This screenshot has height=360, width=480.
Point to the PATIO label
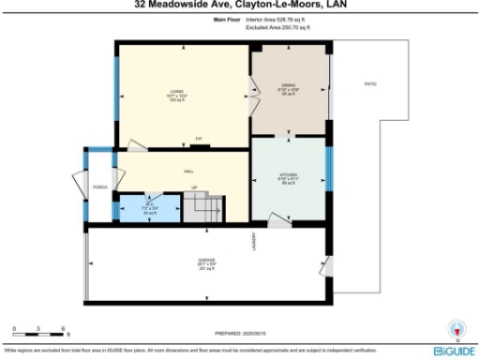pos(370,84)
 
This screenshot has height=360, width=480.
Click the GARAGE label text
pos(207,260)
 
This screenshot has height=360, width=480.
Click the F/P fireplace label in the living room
pos(198,140)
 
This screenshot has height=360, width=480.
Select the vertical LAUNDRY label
pos(253,242)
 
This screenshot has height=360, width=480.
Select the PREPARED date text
pos(240,333)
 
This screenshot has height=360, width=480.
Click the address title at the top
pos(240,5)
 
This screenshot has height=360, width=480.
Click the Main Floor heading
pos(227,19)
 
